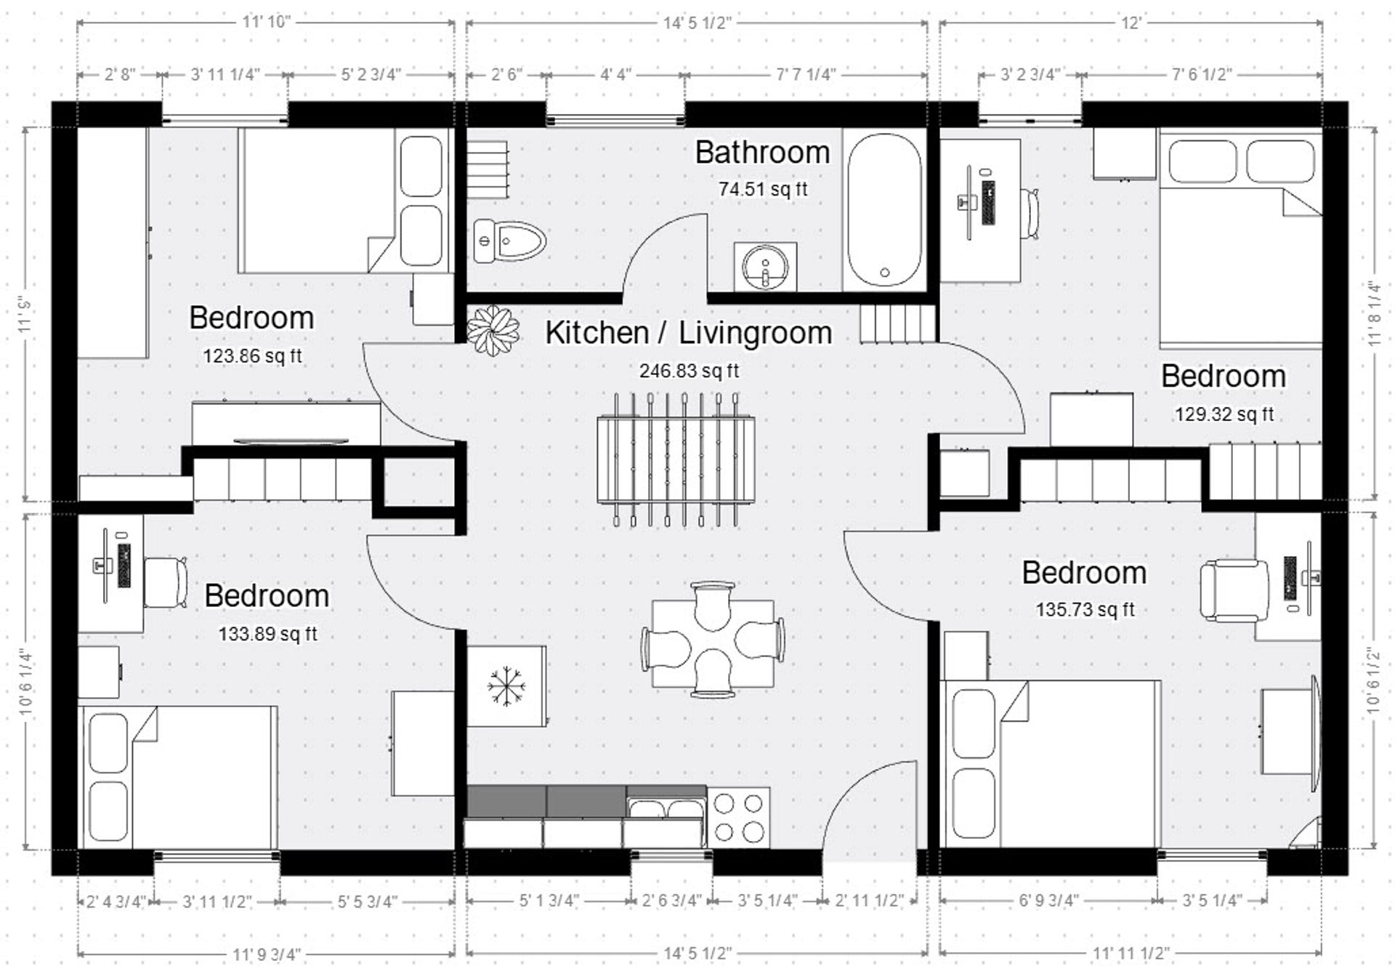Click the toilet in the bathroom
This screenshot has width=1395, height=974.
click(510, 241)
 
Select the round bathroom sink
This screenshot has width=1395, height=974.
click(765, 267)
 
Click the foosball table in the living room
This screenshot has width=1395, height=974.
click(676, 459)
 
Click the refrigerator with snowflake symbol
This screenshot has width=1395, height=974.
click(506, 686)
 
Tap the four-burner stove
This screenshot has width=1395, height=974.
click(739, 818)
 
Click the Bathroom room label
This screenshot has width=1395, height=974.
click(762, 153)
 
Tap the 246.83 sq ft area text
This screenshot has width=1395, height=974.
click(689, 371)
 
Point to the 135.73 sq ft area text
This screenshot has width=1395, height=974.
click(1085, 610)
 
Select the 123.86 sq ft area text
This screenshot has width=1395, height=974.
click(252, 357)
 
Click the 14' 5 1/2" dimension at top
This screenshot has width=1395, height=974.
click(696, 23)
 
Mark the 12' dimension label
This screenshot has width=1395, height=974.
click(1131, 23)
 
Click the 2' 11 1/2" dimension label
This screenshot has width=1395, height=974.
click(869, 901)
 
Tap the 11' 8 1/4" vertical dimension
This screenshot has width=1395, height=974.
click(1374, 314)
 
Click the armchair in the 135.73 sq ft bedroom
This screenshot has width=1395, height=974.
click(1233, 590)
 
